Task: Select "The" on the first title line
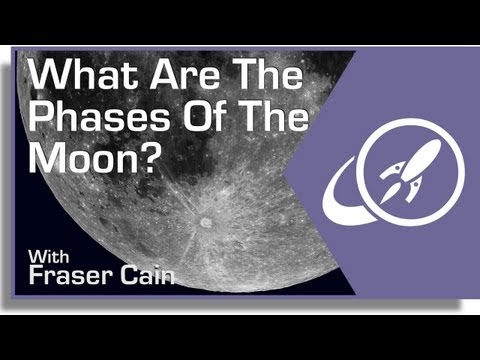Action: coord(236,78)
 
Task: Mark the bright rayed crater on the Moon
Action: coord(208,219)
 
